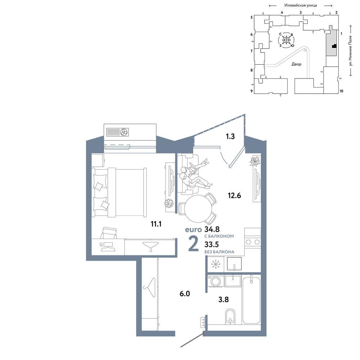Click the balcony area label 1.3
pyautogui.click(x=230, y=136)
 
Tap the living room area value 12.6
pyautogui.click(x=234, y=195)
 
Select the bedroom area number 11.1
pyautogui.click(x=156, y=224)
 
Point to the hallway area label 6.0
pyautogui.click(x=185, y=294)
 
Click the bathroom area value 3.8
pyautogui.click(x=224, y=300)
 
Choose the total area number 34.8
pyautogui.click(x=212, y=229)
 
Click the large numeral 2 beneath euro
pyautogui.click(x=193, y=244)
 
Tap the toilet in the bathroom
pyautogui.click(x=230, y=316)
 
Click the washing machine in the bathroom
pyautogui.click(x=216, y=281)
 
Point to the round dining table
pyautogui.click(x=198, y=209)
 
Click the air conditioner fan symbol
pyautogui.click(x=124, y=132)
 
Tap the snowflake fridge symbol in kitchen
pyautogui.click(x=216, y=264)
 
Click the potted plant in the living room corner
pyautogui.click(x=255, y=161)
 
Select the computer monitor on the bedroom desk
pyautogui.click(x=108, y=244)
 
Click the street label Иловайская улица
pyautogui.click(x=301, y=5)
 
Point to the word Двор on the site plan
pyautogui.click(x=296, y=64)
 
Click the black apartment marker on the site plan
pyautogui.click(x=334, y=46)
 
